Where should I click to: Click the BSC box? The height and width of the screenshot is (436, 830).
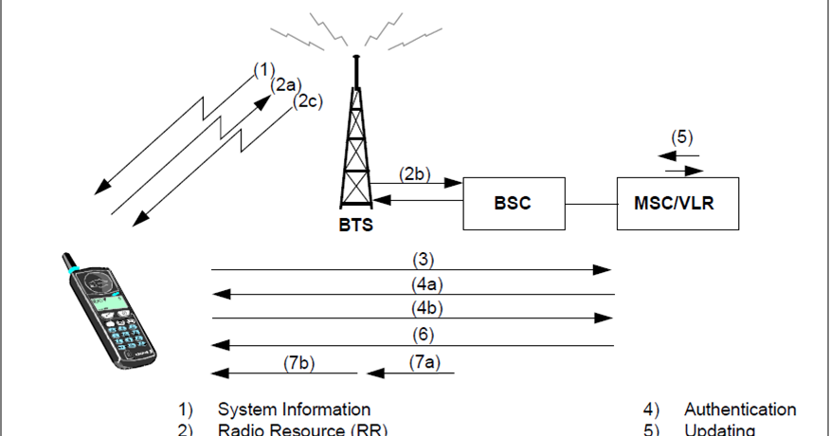[x=514, y=203]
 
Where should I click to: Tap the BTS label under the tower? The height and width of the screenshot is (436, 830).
[x=356, y=226]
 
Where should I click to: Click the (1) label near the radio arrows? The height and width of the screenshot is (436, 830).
[x=263, y=69]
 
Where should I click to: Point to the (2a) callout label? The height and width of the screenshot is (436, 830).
[x=285, y=85]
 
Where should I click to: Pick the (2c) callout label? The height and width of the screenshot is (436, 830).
[x=307, y=100]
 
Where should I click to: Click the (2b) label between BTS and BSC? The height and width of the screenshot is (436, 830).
[x=414, y=173]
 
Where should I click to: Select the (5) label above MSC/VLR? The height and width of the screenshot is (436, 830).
[x=682, y=136]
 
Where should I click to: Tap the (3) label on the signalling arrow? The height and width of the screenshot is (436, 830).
[x=424, y=258]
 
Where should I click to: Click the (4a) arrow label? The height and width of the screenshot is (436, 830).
[x=427, y=282]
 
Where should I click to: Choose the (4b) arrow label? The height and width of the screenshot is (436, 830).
[x=427, y=307]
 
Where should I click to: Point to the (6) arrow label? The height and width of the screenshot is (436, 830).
[x=424, y=333]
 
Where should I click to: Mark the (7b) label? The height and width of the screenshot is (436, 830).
[x=299, y=361]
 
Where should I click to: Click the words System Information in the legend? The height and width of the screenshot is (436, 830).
[x=294, y=409]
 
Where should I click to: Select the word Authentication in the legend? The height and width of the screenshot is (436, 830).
[x=740, y=409]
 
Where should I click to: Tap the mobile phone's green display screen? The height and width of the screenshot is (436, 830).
[x=107, y=302]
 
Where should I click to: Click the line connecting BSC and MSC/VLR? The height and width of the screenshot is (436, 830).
[x=591, y=203]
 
